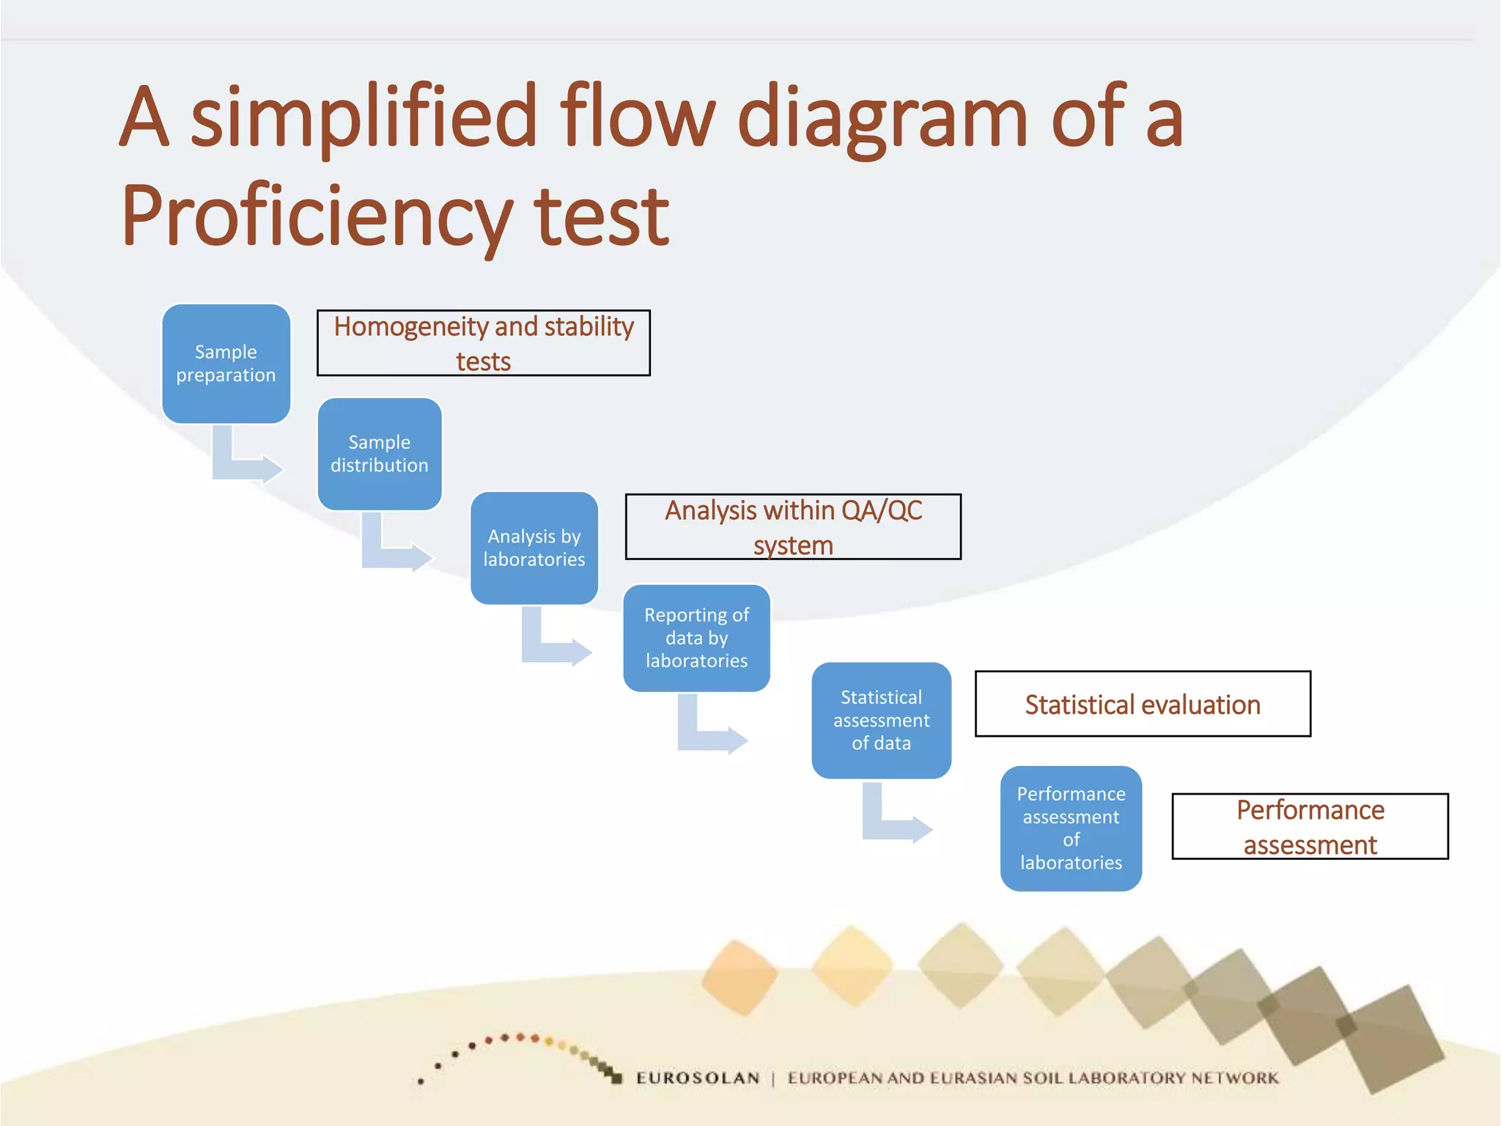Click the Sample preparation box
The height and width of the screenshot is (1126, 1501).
pyautogui.click(x=226, y=364)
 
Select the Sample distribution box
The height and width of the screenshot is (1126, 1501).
pyautogui.click(x=380, y=454)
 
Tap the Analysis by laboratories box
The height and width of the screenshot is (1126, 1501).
pyautogui.click(x=534, y=548)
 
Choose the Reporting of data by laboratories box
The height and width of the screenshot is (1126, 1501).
pyautogui.click(x=696, y=638)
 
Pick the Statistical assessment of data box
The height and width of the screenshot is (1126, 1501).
pyautogui.click(x=881, y=720)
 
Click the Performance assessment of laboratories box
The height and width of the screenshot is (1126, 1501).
pyautogui.click(x=1071, y=828)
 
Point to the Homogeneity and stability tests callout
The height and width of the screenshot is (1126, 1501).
pyautogui.click(x=484, y=343)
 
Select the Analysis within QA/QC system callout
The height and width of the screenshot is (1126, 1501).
pyautogui.click(x=793, y=527)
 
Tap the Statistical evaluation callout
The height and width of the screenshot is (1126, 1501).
pyautogui.click(x=1143, y=704)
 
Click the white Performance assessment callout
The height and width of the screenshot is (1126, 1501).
pyautogui.click(x=1310, y=826)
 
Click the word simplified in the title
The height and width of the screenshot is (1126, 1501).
pyautogui.click(x=364, y=117)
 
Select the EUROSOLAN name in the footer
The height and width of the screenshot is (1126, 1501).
pyautogui.click(x=698, y=1078)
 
